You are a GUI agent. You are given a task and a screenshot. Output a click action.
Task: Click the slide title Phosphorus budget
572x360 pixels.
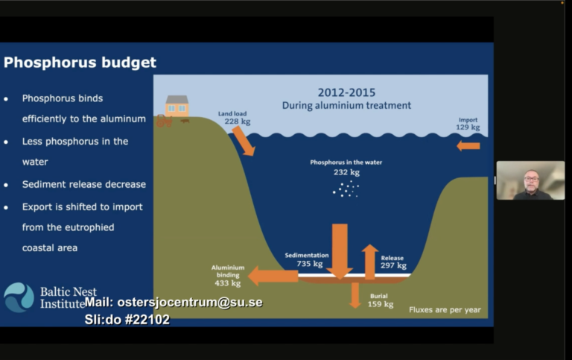(80, 63)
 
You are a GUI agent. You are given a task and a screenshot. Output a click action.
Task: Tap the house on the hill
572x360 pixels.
(177, 106)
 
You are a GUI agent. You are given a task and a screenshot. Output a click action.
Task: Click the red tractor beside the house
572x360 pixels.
(164, 121)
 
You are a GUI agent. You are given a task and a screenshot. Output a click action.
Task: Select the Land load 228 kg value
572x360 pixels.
(237, 121)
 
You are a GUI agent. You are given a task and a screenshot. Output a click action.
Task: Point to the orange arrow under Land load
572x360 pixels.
(244, 141)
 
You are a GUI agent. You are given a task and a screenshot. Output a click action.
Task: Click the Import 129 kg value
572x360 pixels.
(468, 127)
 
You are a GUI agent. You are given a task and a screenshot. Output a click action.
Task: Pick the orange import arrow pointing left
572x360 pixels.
(468, 146)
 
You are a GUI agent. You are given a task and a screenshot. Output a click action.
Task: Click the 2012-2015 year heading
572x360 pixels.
(346, 92)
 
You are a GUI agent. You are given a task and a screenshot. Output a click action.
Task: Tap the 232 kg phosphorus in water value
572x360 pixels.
(346, 172)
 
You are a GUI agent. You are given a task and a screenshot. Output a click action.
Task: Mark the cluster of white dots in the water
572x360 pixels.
(346, 189)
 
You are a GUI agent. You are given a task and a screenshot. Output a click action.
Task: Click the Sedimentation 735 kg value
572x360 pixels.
(310, 264)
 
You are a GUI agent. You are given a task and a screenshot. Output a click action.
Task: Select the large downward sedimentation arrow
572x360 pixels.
(340, 252)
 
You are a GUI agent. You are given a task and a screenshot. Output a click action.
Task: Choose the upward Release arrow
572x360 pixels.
(370, 262)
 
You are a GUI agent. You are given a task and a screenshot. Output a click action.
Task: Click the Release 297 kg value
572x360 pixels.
(393, 265)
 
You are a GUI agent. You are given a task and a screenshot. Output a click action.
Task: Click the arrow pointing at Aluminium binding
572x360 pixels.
(273, 276)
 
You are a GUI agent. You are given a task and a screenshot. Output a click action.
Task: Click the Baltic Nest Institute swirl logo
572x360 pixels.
(19, 297)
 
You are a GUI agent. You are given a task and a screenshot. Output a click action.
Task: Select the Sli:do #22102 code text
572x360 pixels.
(127, 320)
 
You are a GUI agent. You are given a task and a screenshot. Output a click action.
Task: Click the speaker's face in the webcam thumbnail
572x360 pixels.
(531, 180)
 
